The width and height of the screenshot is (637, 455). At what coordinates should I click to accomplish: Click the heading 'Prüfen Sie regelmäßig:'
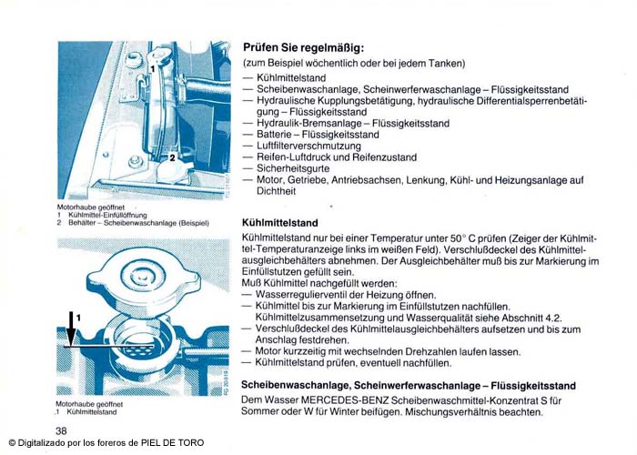[304, 47]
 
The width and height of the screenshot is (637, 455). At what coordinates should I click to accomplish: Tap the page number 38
[61, 430]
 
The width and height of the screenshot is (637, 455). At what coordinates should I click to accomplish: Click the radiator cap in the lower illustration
[136, 284]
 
